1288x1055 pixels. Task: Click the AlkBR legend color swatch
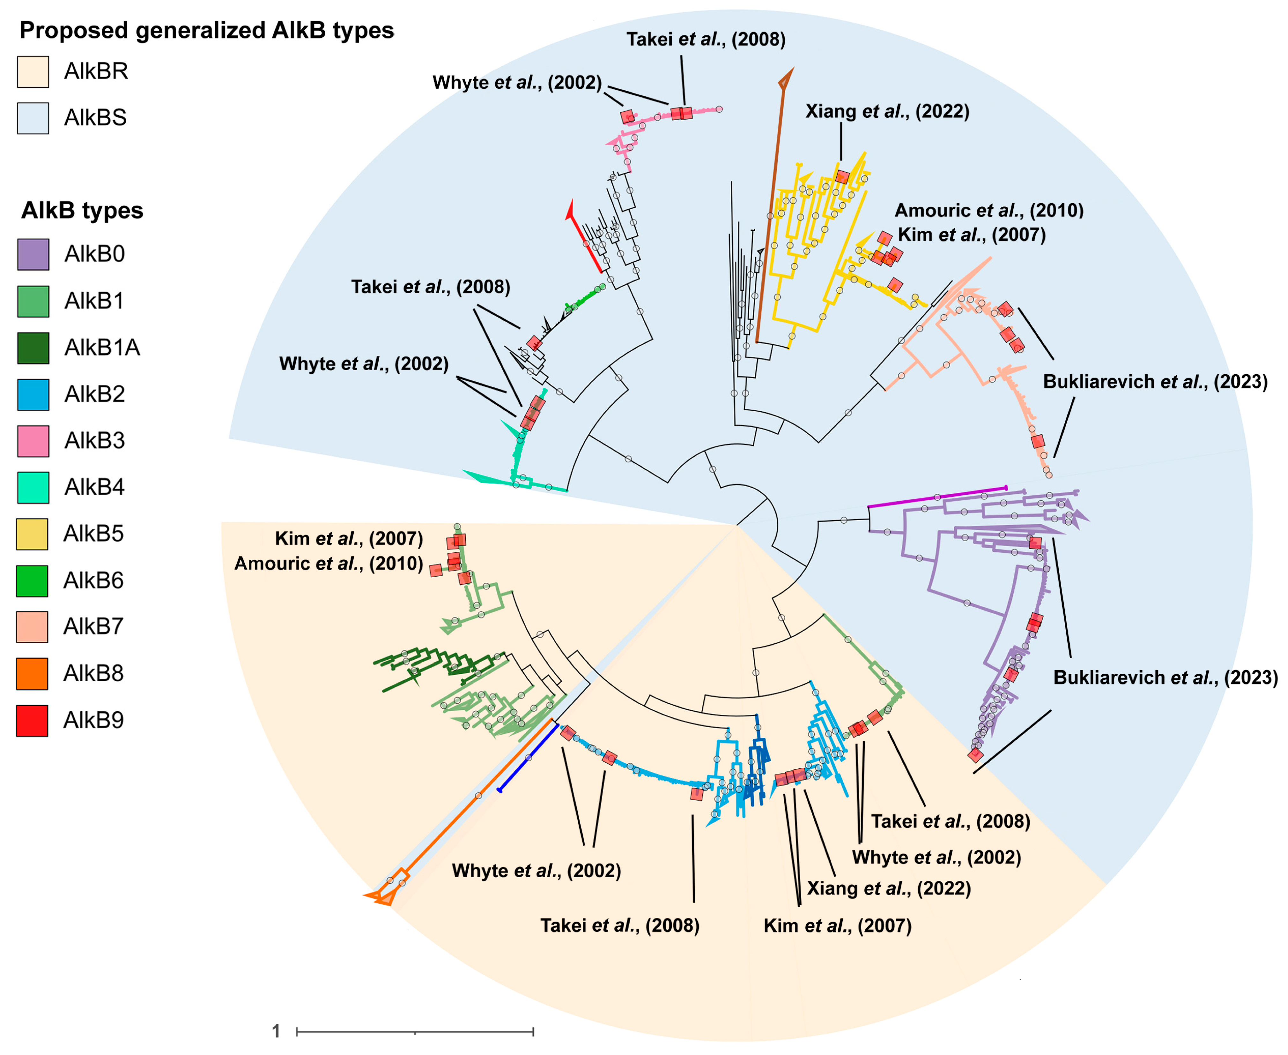tap(33, 72)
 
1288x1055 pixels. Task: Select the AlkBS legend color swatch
tap(33, 118)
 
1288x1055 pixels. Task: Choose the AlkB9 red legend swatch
tap(33, 721)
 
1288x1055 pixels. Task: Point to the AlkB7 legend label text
tap(93, 626)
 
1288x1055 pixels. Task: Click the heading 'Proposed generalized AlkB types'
tap(207, 30)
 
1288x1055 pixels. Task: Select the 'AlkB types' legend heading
tap(82, 211)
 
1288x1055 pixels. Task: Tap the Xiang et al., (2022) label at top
tap(887, 111)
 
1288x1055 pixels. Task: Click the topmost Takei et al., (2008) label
tap(706, 40)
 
